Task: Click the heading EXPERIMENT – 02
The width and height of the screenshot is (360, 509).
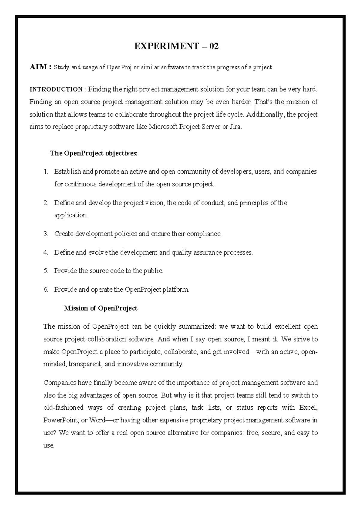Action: click(x=176, y=46)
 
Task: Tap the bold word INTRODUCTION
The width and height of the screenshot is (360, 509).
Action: click(x=56, y=89)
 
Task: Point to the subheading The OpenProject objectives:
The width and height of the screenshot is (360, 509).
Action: click(x=94, y=153)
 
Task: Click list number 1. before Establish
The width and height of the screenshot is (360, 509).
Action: click(x=46, y=172)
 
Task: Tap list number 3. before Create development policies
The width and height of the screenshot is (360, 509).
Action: click(x=46, y=234)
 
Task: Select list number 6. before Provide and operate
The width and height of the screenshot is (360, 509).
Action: click(x=46, y=290)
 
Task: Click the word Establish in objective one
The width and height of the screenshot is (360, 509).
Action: click(x=67, y=172)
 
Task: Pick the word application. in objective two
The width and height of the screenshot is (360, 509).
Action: click(x=71, y=215)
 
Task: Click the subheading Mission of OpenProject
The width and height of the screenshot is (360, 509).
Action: click(x=100, y=308)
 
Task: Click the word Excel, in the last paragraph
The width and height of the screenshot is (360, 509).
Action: click(x=308, y=408)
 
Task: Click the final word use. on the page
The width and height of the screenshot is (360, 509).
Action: click(x=49, y=446)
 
